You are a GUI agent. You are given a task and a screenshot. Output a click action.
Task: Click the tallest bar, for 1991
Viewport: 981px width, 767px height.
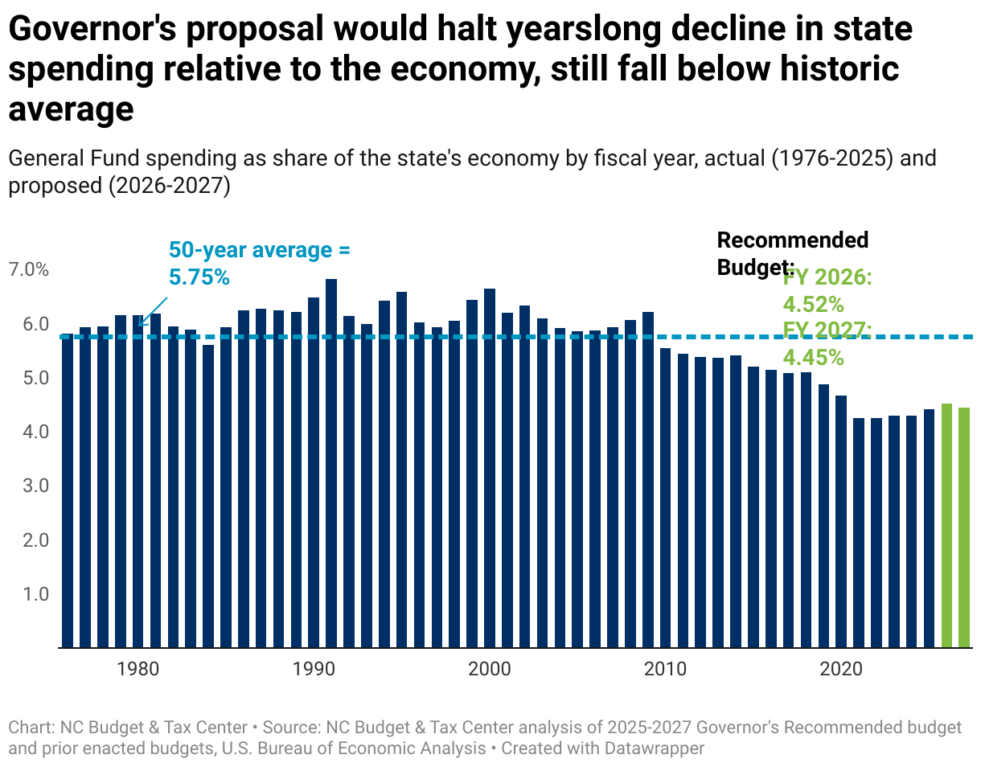pos(331,463)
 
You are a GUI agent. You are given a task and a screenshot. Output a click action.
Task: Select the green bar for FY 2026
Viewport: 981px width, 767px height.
pos(946,526)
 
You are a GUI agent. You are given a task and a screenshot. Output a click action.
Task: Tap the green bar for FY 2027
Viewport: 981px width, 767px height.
pos(964,527)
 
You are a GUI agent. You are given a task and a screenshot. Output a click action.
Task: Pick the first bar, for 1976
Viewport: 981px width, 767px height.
pos(68,490)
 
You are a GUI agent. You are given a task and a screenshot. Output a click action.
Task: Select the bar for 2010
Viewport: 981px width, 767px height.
pos(665,498)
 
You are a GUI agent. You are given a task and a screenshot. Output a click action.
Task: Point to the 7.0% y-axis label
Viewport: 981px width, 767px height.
pos(28,270)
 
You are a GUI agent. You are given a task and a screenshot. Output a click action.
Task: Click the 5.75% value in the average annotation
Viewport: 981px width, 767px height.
pos(199,277)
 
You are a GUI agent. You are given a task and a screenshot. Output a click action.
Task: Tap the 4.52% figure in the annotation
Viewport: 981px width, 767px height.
pos(813,305)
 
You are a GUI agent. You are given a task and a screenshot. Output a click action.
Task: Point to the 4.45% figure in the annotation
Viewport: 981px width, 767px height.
pos(813,358)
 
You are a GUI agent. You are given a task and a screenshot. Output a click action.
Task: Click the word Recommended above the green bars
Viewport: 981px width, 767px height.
pos(792,240)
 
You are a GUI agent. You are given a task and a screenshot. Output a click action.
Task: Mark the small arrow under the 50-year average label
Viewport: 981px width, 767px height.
pos(153,312)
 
